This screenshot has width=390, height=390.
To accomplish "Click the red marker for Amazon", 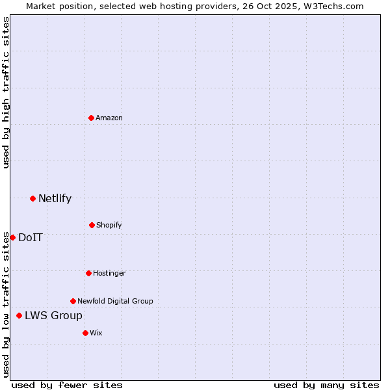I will pyautogui.click(x=92, y=118).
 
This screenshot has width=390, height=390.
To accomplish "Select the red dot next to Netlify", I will pyautogui.click(x=32, y=198).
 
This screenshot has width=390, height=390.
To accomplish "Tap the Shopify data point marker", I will pyautogui.click(x=92, y=225).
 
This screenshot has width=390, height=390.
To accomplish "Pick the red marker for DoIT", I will pyautogui.click(x=12, y=237).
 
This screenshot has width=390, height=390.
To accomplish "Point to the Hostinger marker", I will pyautogui.click(x=88, y=273).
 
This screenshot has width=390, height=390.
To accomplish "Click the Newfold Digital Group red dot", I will pyautogui.click(x=73, y=301).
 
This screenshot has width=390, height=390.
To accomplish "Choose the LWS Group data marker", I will pyautogui.click(x=19, y=315).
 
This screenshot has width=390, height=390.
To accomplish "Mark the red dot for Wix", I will pyautogui.click(x=85, y=333).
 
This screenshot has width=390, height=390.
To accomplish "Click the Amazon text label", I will pyautogui.click(x=109, y=118).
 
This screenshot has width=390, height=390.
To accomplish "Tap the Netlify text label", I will pyautogui.click(x=55, y=198).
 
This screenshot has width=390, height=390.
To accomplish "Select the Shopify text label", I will pyautogui.click(x=109, y=225).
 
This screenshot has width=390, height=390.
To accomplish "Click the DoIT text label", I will pyautogui.click(x=31, y=237).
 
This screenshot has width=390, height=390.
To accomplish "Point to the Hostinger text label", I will pyautogui.click(x=109, y=273).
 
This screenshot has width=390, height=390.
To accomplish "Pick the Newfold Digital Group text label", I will pyautogui.click(x=115, y=301).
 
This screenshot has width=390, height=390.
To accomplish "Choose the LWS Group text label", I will pyautogui.click(x=53, y=315).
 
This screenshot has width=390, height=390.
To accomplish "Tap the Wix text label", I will pyautogui.click(x=96, y=333).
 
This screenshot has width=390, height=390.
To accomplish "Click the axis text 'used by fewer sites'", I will pyautogui.click(x=67, y=385).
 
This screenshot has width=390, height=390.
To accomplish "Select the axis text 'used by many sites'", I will pyautogui.click(x=326, y=385).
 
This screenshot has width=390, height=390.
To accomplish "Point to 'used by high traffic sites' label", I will pyautogui.click(x=6, y=92).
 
